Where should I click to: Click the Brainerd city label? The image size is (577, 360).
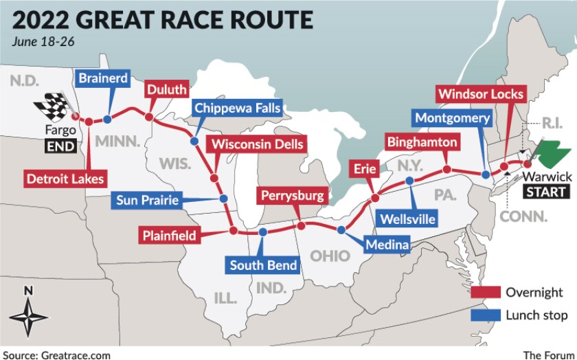[x=103, y=78]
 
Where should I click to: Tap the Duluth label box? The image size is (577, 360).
[x=166, y=90]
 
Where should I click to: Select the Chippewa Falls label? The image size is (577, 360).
[x=237, y=109]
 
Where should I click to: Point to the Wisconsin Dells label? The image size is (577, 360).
[x=257, y=144]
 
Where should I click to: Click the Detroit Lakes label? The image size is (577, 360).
[x=65, y=179]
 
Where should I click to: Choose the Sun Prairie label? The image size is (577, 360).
[x=148, y=201]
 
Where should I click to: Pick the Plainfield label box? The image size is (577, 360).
[x=169, y=236]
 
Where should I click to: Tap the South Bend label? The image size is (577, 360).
[x=264, y=265]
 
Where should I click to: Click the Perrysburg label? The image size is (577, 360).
[x=292, y=196]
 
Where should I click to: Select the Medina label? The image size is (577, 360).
[x=387, y=244]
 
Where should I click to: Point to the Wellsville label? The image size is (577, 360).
[x=407, y=220]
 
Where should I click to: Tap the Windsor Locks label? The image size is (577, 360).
[x=481, y=94]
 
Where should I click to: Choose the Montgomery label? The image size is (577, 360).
[x=452, y=118]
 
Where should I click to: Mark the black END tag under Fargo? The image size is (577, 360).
[x=60, y=146]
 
